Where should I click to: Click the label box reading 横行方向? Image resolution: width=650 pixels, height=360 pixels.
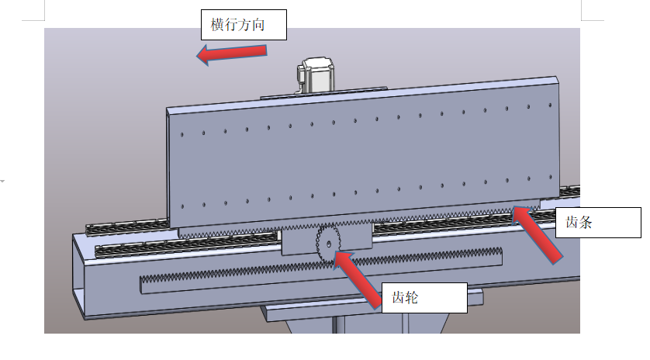[x=244, y=25]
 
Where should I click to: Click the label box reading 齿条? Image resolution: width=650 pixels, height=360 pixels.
[x=597, y=223]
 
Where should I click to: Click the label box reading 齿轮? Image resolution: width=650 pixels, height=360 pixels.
[x=424, y=297]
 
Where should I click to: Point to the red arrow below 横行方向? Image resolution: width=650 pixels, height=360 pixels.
[x=233, y=54]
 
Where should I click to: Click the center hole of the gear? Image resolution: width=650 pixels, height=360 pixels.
[x=329, y=244]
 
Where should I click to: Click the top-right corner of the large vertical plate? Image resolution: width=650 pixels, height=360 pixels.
[x=557, y=78]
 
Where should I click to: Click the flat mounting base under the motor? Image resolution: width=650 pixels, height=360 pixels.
[x=318, y=95]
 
